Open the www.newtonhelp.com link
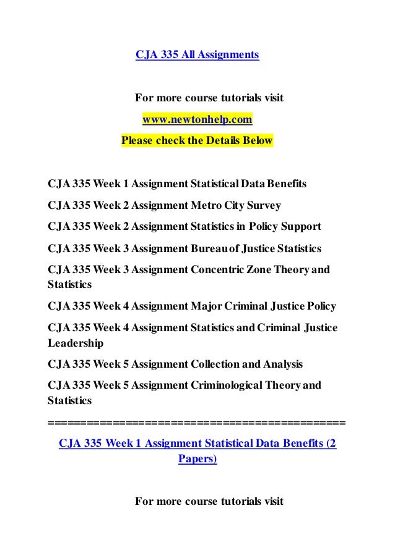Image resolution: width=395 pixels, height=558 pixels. [x=197, y=119]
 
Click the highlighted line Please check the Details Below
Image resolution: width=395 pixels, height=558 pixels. [x=197, y=140]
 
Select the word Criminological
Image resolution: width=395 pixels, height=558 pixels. [x=225, y=385]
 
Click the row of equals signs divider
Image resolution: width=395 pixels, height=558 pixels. [x=197, y=423]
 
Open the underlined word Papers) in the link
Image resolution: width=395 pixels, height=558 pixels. [x=197, y=459]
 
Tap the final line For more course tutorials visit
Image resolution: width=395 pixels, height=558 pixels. [x=209, y=501]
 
